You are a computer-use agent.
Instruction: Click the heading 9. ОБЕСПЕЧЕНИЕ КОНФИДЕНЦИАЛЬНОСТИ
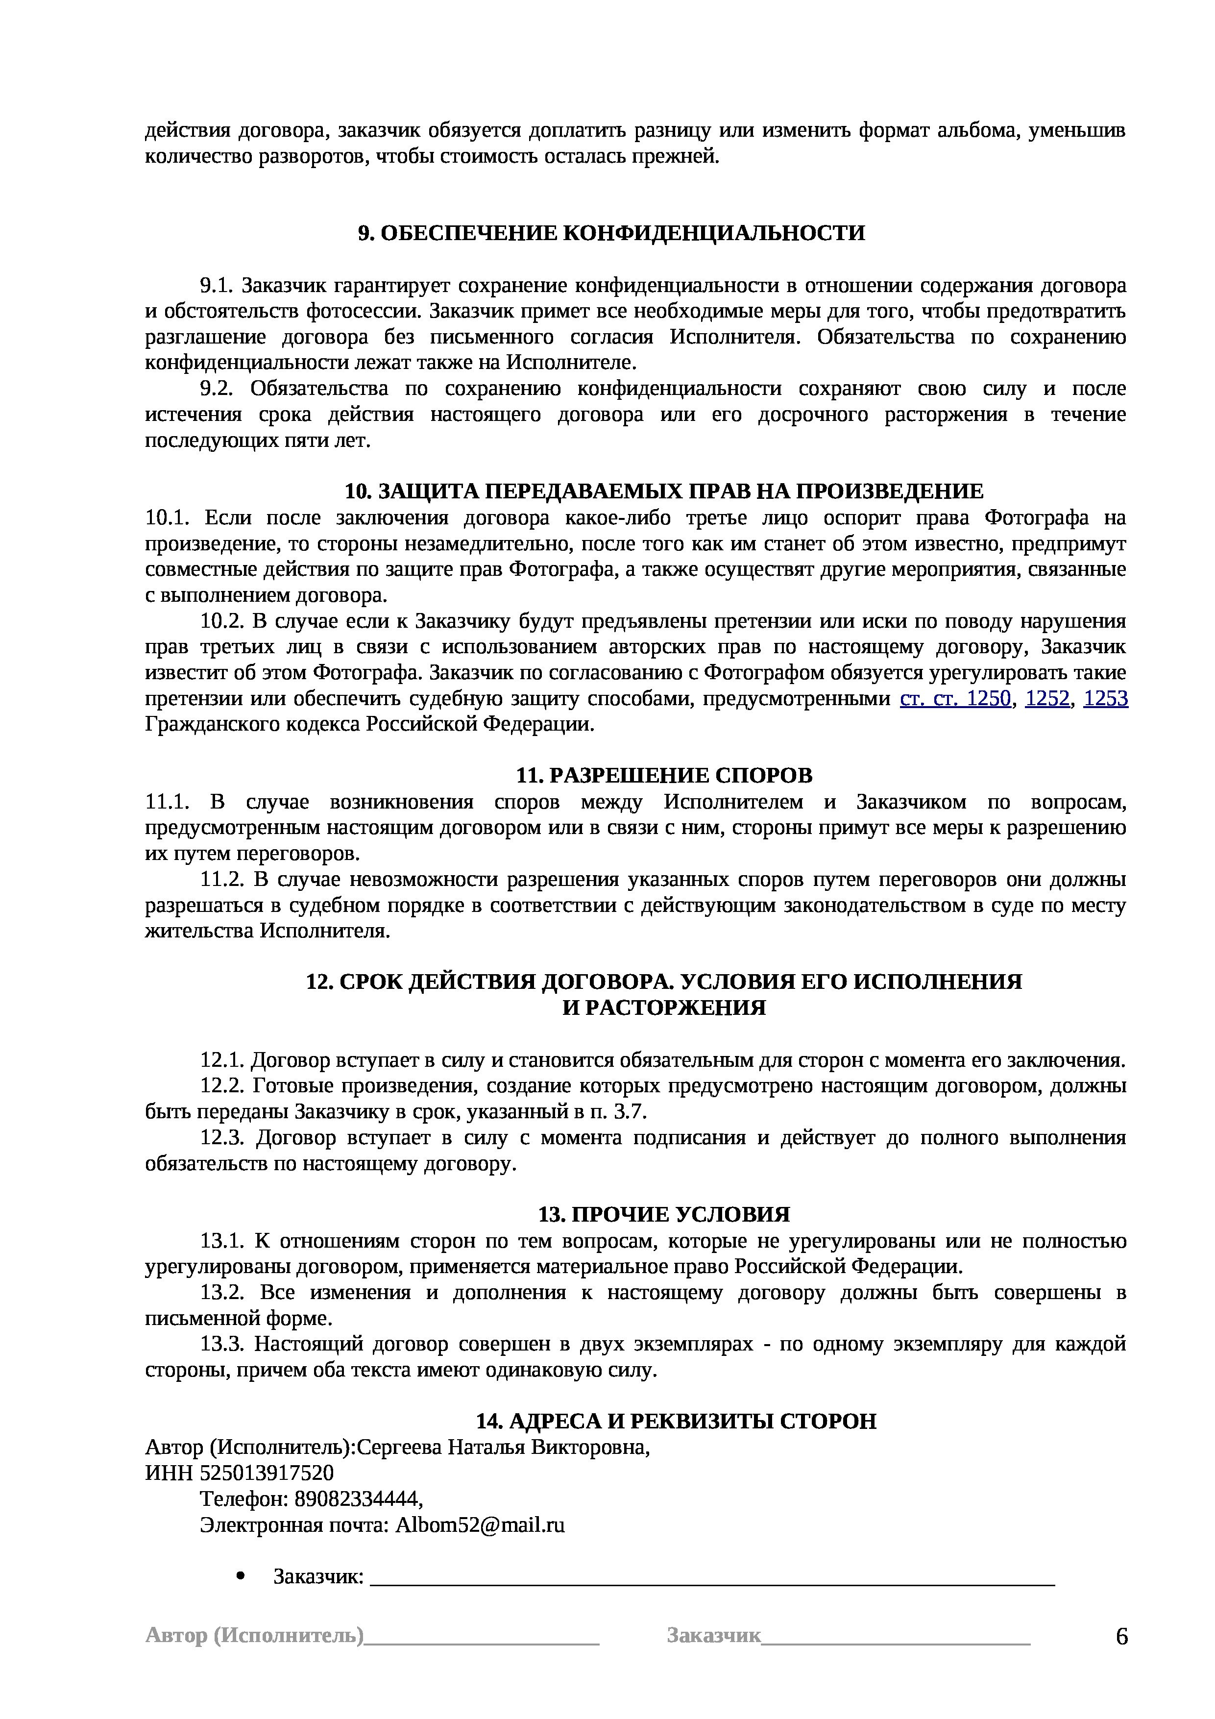pyautogui.click(x=611, y=234)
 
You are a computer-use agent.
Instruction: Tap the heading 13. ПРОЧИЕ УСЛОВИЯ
pyautogui.click(x=664, y=1214)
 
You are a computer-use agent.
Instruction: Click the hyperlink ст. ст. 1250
pyautogui.click(x=954, y=699)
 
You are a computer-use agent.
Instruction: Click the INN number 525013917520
pyautogui.click(x=267, y=1473)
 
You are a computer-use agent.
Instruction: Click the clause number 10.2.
pyautogui.click(x=221, y=621)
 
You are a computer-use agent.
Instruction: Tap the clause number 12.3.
pyautogui.click(x=221, y=1138)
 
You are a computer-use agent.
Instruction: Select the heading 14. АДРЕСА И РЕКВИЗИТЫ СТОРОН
pyautogui.click(x=676, y=1421)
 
